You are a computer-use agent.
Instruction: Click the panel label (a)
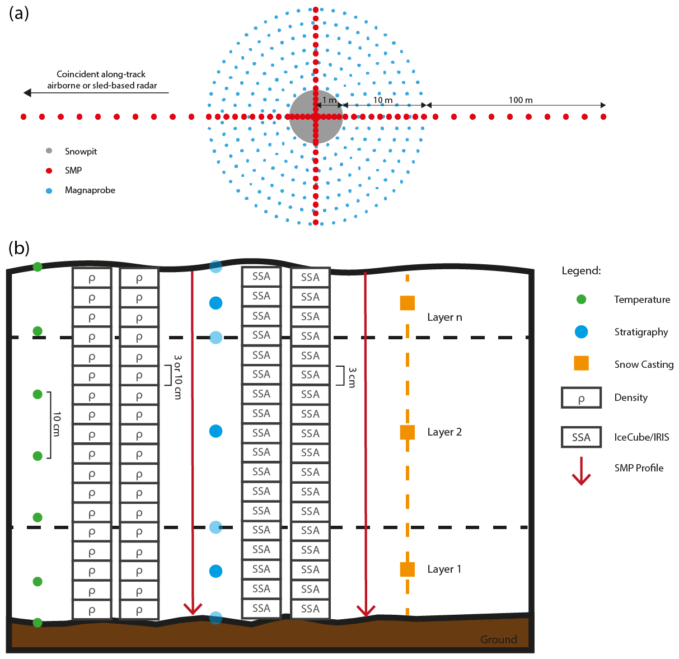(x=19, y=13)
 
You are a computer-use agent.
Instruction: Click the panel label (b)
(x=19, y=247)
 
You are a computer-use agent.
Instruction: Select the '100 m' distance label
(x=521, y=100)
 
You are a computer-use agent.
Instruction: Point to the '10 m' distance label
(x=383, y=100)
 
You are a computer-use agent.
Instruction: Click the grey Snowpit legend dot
(x=49, y=151)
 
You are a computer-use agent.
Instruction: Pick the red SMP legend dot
(x=49, y=171)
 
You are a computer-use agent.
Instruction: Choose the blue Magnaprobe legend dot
(x=49, y=190)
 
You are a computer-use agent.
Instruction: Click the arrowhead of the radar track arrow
(x=27, y=93)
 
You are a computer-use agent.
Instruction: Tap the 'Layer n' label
(x=444, y=317)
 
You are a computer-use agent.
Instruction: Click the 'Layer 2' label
(x=444, y=432)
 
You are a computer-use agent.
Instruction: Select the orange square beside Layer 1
(x=408, y=569)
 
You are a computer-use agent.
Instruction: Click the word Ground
(x=498, y=639)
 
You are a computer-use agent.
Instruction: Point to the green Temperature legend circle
(x=582, y=300)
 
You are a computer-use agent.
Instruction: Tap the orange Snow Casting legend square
(x=582, y=363)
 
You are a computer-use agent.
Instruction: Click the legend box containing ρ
(x=582, y=398)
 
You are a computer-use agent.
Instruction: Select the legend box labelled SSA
(x=582, y=437)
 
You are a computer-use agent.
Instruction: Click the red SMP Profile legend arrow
(x=582, y=471)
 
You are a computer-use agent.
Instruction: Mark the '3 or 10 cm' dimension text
(x=178, y=377)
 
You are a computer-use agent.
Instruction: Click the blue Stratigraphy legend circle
(x=582, y=331)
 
